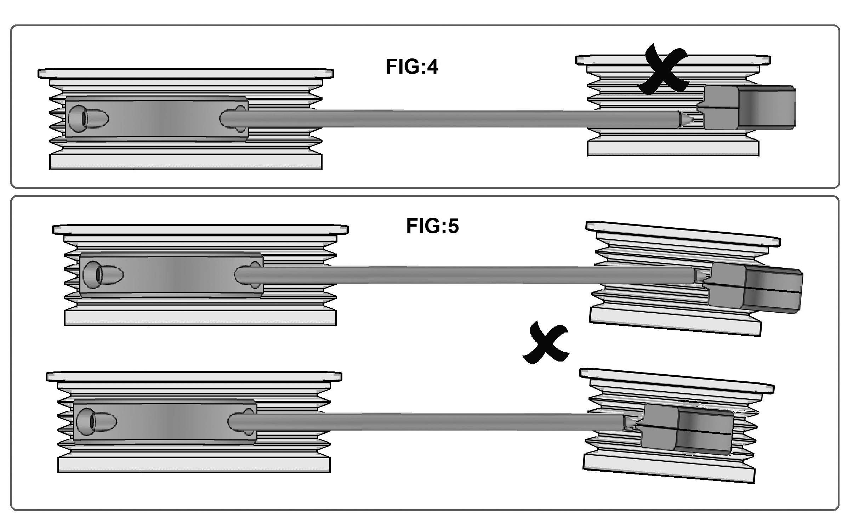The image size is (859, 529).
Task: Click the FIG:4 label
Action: (412, 67)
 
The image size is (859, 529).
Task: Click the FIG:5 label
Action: (432, 226)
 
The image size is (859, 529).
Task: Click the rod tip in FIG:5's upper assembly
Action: (700, 276)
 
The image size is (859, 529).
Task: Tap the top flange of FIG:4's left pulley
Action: (186, 73)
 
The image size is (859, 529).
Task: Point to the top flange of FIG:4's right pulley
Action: (673, 60)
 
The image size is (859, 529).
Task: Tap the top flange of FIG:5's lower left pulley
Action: (194, 376)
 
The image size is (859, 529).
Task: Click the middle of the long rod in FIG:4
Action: (460, 119)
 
